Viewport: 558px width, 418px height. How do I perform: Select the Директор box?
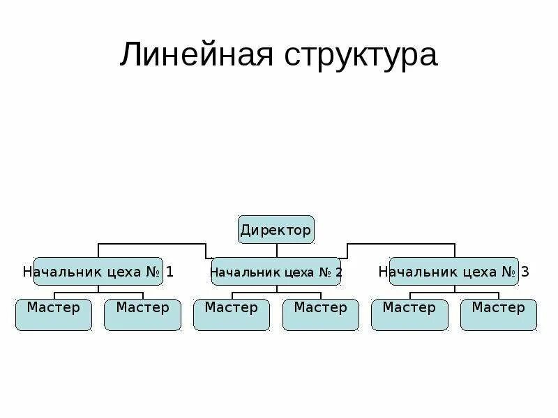[276, 229]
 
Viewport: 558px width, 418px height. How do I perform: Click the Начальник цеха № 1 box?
[98, 272]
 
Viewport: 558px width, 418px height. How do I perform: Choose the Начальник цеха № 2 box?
[276, 272]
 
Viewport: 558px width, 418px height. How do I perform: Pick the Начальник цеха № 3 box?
[453, 272]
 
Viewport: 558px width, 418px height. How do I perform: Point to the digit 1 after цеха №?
[169, 272]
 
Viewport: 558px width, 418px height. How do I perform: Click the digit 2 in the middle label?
[338, 272]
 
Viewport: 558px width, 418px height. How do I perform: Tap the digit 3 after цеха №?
[525, 272]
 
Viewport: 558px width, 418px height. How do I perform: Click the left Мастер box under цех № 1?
[54, 314]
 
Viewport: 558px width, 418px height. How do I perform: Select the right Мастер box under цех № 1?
[142, 314]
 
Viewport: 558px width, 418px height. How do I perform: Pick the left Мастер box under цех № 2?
[232, 314]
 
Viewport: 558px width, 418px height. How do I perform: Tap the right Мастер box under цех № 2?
[320, 314]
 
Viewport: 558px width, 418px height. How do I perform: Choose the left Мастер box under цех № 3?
[409, 314]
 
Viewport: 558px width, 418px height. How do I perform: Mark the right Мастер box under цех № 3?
[498, 314]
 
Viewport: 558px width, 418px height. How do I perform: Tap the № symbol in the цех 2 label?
[325, 272]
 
